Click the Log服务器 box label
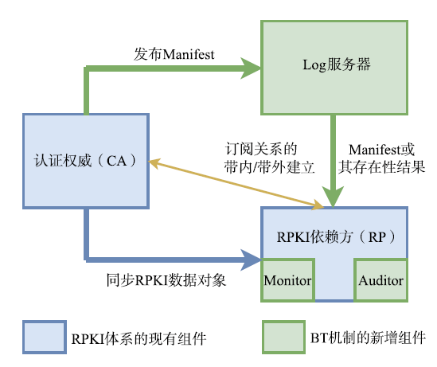point(337,64)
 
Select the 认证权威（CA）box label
point(86,161)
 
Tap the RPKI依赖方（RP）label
point(337,237)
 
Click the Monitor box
point(288,280)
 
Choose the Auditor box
point(381,280)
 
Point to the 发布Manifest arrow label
point(174,54)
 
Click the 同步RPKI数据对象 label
point(166,280)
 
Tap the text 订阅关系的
point(261,149)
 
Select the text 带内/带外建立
point(269,167)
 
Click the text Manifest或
point(381,150)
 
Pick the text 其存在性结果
point(381,167)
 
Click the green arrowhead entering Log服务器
point(251,68)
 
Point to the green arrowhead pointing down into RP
point(333,197)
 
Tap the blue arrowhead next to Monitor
point(251,260)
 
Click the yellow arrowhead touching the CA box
point(154,163)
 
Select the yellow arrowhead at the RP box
point(318,205)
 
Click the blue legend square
point(45,338)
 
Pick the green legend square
point(283,338)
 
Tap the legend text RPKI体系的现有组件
point(139,338)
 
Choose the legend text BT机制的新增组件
point(368,338)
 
